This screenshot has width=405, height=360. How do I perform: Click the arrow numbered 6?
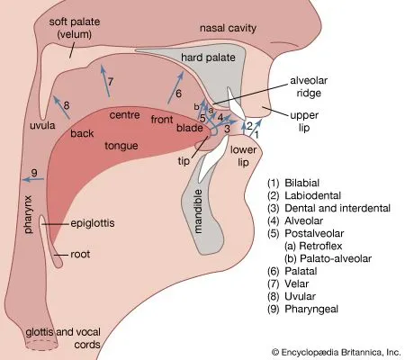[174, 89]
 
